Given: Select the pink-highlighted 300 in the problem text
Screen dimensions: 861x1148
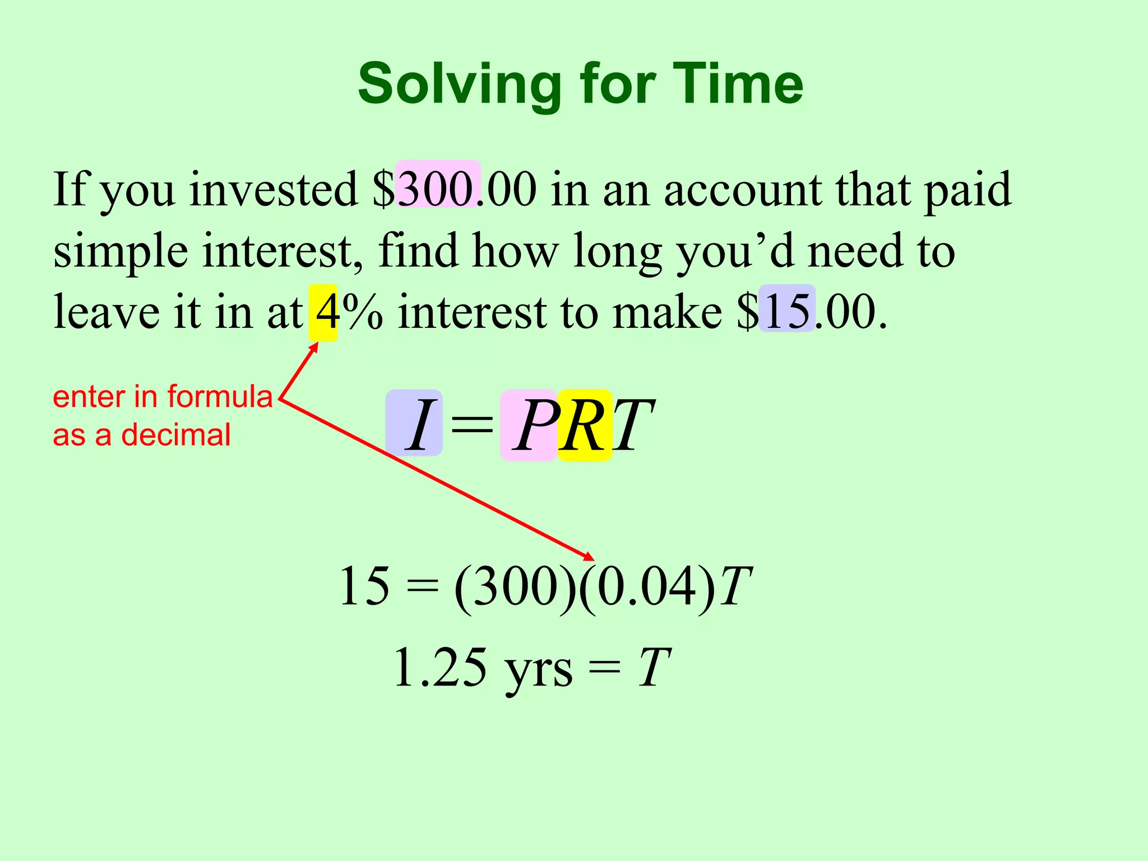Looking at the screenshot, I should tap(437, 189).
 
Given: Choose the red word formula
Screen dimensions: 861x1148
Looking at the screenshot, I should tap(220, 397).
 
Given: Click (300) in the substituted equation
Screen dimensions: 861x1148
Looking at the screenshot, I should tap(515, 586).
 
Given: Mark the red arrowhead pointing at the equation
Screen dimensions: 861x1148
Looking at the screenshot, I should tap(589, 557).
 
